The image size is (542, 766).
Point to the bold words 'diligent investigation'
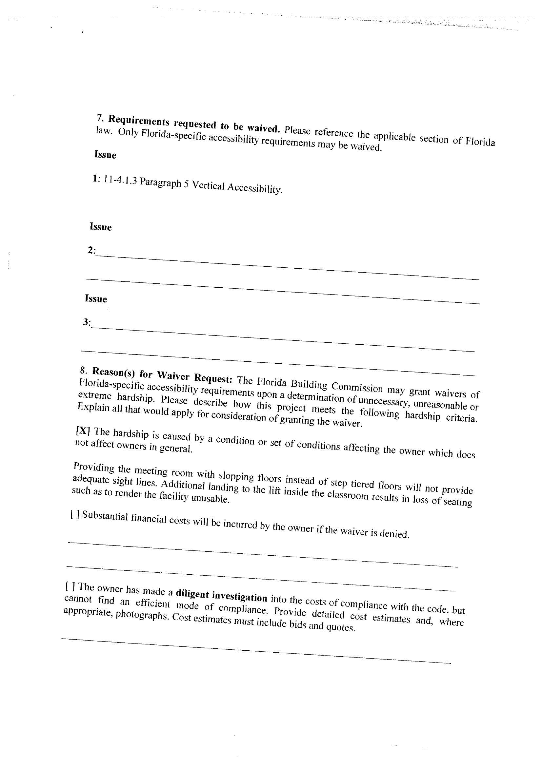click(221, 595)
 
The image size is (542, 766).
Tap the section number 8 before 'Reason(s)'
click(83, 370)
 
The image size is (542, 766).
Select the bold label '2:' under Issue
click(91, 250)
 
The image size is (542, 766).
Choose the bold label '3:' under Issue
click(87, 322)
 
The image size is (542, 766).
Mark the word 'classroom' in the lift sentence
click(348, 495)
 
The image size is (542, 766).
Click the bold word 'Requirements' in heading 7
click(139, 121)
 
